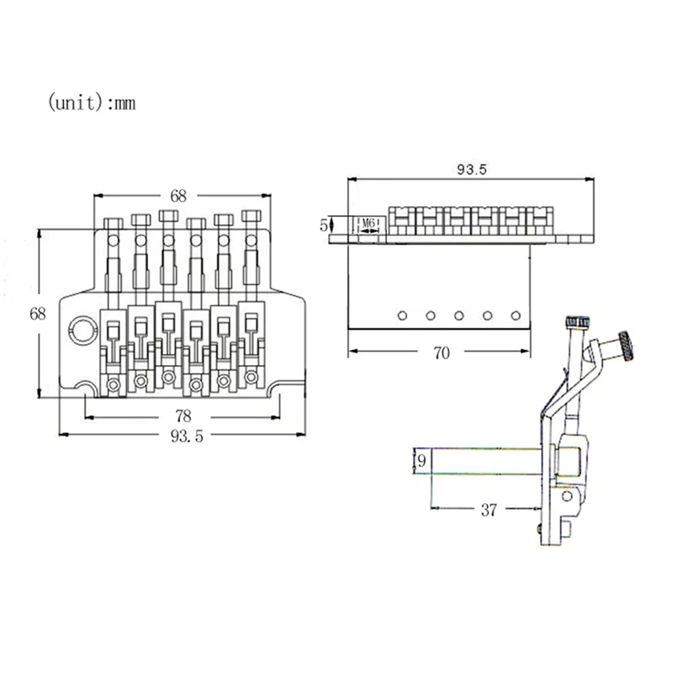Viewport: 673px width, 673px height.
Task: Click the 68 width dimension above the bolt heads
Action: click(x=178, y=195)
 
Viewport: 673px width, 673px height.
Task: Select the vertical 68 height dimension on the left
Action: click(x=38, y=313)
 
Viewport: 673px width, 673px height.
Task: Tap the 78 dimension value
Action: click(x=183, y=416)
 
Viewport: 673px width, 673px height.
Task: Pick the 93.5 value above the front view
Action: click(x=471, y=169)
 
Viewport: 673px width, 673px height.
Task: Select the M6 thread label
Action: click(x=368, y=224)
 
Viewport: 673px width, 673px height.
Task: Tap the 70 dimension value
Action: click(x=441, y=352)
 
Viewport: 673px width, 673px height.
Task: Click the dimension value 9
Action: click(x=421, y=461)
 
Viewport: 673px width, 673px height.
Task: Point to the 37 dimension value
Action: click(x=489, y=509)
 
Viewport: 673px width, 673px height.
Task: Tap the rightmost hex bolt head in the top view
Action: click(x=251, y=215)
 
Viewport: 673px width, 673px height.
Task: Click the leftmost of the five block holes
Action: click(x=402, y=315)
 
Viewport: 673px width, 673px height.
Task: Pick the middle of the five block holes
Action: click(x=459, y=315)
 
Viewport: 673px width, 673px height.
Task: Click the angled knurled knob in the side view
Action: click(x=627, y=346)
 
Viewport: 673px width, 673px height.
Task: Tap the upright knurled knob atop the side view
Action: click(x=577, y=322)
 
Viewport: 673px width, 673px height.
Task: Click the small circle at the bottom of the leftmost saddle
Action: click(x=114, y=385)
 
